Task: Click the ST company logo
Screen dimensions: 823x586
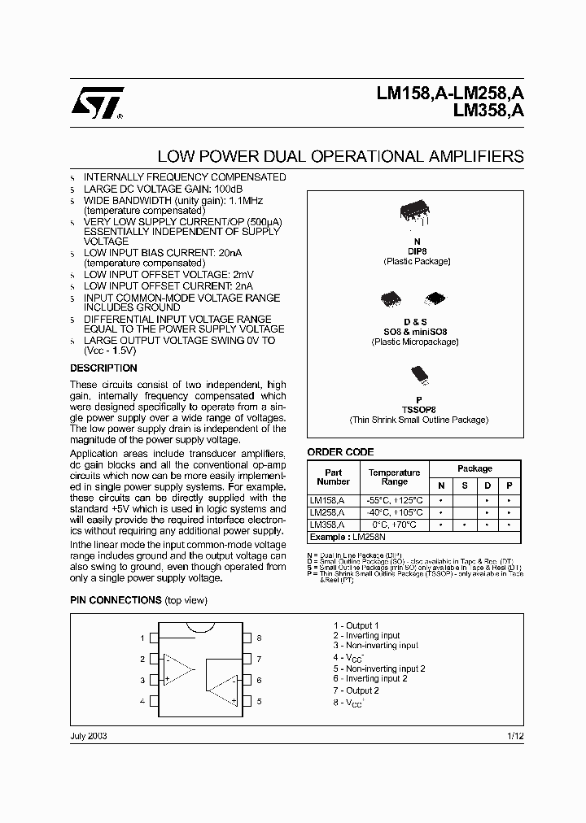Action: click(x=97, y=103)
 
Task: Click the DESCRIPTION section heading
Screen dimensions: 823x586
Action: click(x=103, y=368)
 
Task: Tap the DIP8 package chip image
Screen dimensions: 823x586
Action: click(x=417, y=214)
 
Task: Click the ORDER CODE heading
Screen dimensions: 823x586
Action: click(x=340, y=452)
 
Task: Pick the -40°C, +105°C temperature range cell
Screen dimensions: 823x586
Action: click(x=394, y=513)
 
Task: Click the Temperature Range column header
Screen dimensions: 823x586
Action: click(x=394, y=477)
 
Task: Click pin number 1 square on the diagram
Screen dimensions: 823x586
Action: click(x=153, y=638)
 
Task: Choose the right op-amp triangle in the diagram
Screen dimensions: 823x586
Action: click(x=221, y=690)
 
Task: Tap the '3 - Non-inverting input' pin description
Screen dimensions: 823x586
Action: click(x=375, y=646)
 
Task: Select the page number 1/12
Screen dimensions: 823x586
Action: click(x=515, y=736)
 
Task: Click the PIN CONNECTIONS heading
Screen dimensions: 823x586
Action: click(x=116, y=600)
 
